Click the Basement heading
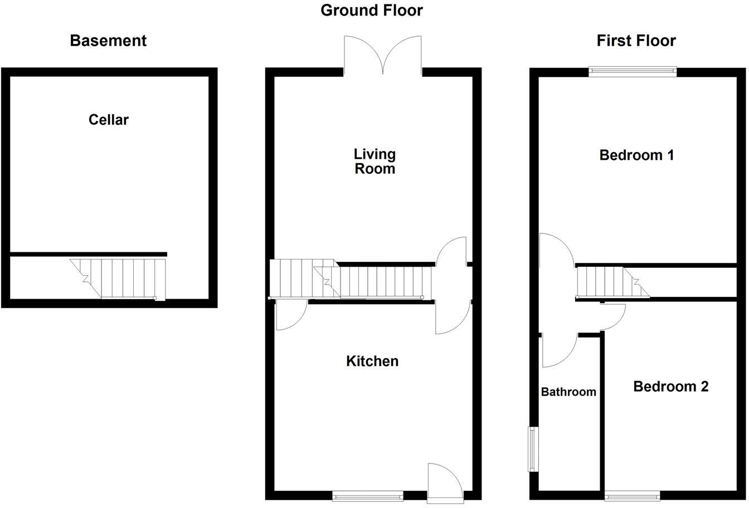(x=108, y=41)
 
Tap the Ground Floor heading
(x=372, y=10)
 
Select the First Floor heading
(x=636, y=41)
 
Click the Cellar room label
(x=109, y=120)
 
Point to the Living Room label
(x=374, y=161)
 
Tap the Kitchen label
(x=372, y=361)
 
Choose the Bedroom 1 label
(x=636, y=155)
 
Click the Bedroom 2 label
(x=671, y=386)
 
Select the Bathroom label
(x=568, y=392)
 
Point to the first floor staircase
(x=610, y=283)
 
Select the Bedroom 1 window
(x=633, y=71)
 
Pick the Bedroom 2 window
(x=633, y=494)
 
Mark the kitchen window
(x=368, y=494)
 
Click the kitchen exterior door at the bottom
(x=444, y=479)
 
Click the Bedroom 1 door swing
(x=557, y=251)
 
